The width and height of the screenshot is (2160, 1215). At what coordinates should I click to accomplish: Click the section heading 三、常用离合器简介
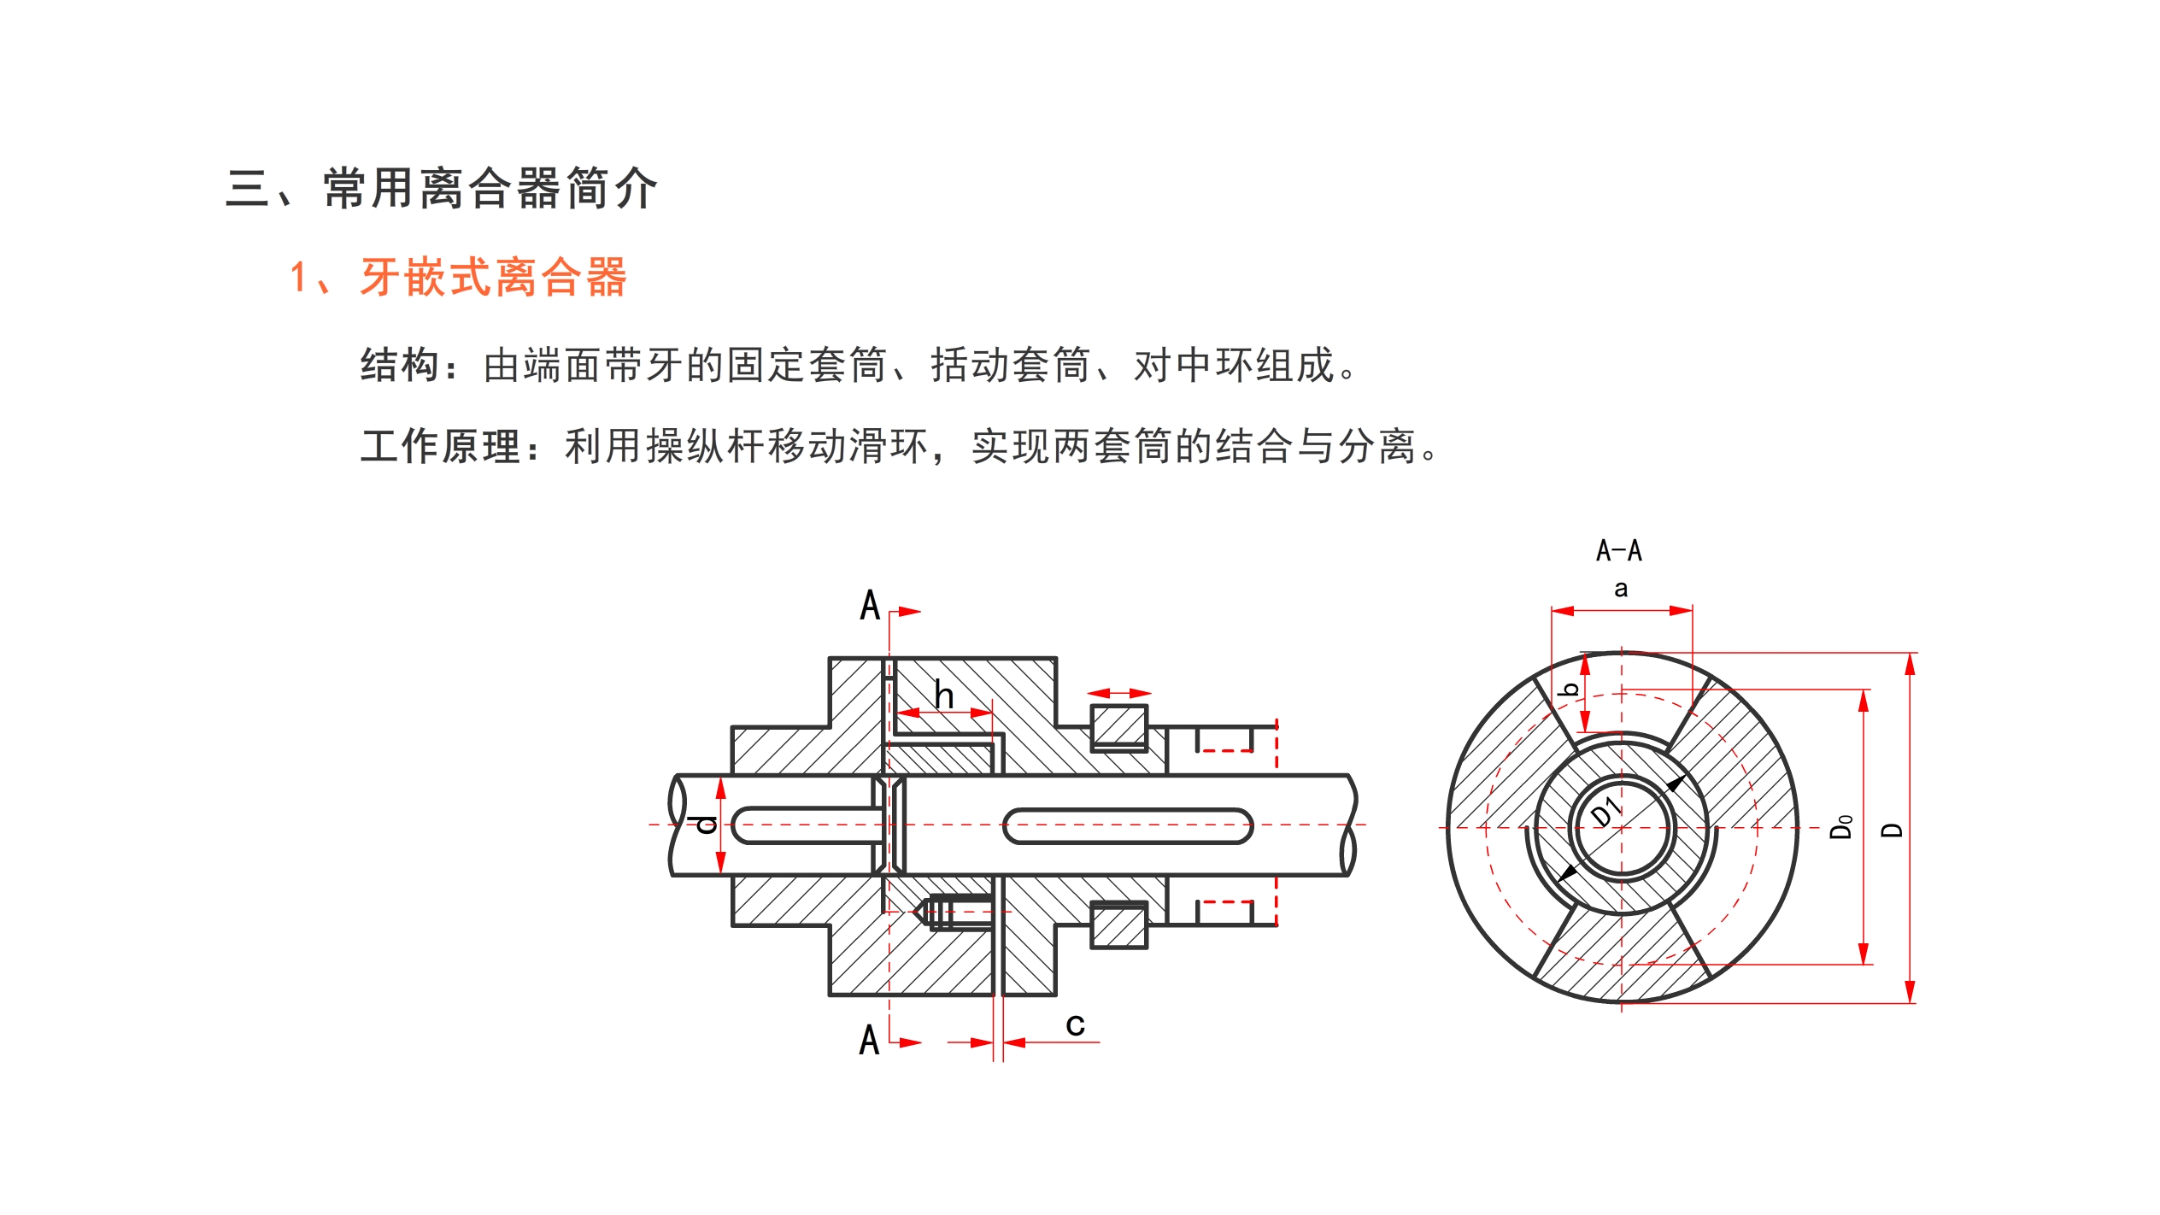tap(441, 188)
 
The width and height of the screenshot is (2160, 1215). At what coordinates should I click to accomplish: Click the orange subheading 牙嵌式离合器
tap(493, 278)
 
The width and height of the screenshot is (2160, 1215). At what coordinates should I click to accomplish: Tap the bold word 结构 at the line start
tap(400, 366)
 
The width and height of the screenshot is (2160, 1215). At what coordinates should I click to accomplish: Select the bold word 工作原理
tap(440, 447)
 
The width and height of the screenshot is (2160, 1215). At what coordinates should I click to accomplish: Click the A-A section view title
tap(1618, 551)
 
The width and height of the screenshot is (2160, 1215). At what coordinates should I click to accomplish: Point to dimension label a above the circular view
tap(1621, 589)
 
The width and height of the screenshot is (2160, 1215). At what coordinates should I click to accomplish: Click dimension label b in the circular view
tap(1569, 690)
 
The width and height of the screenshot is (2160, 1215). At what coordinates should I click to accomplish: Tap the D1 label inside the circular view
tap(1606, 812)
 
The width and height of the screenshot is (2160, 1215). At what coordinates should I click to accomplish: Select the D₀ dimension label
tap(1841, 827)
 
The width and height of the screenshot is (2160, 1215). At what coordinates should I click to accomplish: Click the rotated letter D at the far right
tap(1892, 830)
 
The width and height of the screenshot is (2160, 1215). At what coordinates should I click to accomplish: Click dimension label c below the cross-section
tap(1075, 1024)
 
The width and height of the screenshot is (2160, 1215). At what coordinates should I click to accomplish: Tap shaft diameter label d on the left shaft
tap(705, 824)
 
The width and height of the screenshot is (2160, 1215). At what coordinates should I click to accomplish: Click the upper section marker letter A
tap(869, 606)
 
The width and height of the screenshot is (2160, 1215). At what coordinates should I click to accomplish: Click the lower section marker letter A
tap(869, 1041)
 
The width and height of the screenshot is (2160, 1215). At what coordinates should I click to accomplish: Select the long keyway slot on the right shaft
tap(1127, 826)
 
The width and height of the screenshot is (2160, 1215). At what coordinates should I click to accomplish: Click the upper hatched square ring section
tap(1118, 727)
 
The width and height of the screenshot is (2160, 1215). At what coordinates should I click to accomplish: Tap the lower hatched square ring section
tap(1118, 925)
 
